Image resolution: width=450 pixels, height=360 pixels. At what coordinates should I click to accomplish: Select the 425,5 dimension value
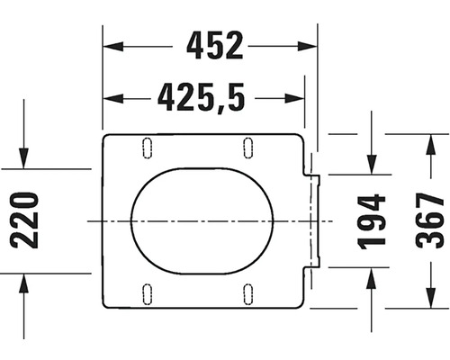click(201, 94)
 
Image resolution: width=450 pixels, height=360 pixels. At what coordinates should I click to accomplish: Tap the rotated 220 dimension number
click(26, 220)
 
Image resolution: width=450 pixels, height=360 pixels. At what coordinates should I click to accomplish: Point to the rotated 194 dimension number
click(371, 220)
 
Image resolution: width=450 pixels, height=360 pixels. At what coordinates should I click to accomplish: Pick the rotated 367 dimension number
click(431, 220)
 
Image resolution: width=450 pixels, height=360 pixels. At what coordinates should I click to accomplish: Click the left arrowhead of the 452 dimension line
click(110, 45)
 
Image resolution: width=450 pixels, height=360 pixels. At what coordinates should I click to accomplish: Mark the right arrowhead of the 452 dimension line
click(310, 45)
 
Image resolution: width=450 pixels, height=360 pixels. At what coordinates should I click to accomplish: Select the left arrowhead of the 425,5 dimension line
click(110, 94)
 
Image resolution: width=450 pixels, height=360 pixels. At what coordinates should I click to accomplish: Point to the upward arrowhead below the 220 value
click(26, 278)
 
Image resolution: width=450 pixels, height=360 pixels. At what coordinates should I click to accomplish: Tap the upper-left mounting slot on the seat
click(147, 147)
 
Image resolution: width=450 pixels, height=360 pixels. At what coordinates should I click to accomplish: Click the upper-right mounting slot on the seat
click(247, 147)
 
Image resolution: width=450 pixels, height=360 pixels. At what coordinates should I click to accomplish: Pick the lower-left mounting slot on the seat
click(147, 292)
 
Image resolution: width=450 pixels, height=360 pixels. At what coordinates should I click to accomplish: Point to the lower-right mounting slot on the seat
click(247, 292)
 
